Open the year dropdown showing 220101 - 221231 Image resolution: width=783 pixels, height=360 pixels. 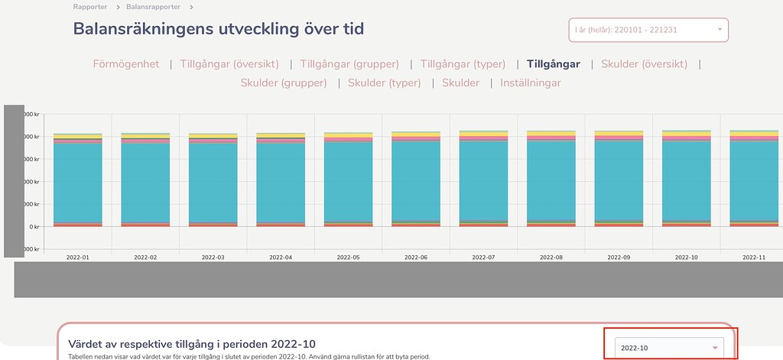coord(648,30)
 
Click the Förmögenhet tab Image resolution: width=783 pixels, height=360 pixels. coord(126,64)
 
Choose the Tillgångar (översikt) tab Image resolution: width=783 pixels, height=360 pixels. coord(229,64)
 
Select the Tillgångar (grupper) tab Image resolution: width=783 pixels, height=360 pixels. coord(349,64)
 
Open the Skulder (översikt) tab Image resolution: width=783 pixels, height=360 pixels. coord(644,64)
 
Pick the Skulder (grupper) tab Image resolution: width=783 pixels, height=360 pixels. coord(284,83)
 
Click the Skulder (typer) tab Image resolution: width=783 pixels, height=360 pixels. coord(384,83)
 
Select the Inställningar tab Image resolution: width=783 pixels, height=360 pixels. coord(531,83)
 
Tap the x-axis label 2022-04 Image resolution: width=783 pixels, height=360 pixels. coord(281,258)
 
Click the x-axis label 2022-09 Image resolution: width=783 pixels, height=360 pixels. coord(619,258)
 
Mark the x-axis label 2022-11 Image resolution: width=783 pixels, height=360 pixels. coord(754,258)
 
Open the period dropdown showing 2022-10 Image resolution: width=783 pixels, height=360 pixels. coord(670,348)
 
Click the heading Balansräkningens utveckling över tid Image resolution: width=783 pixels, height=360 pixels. coord(219,29)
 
